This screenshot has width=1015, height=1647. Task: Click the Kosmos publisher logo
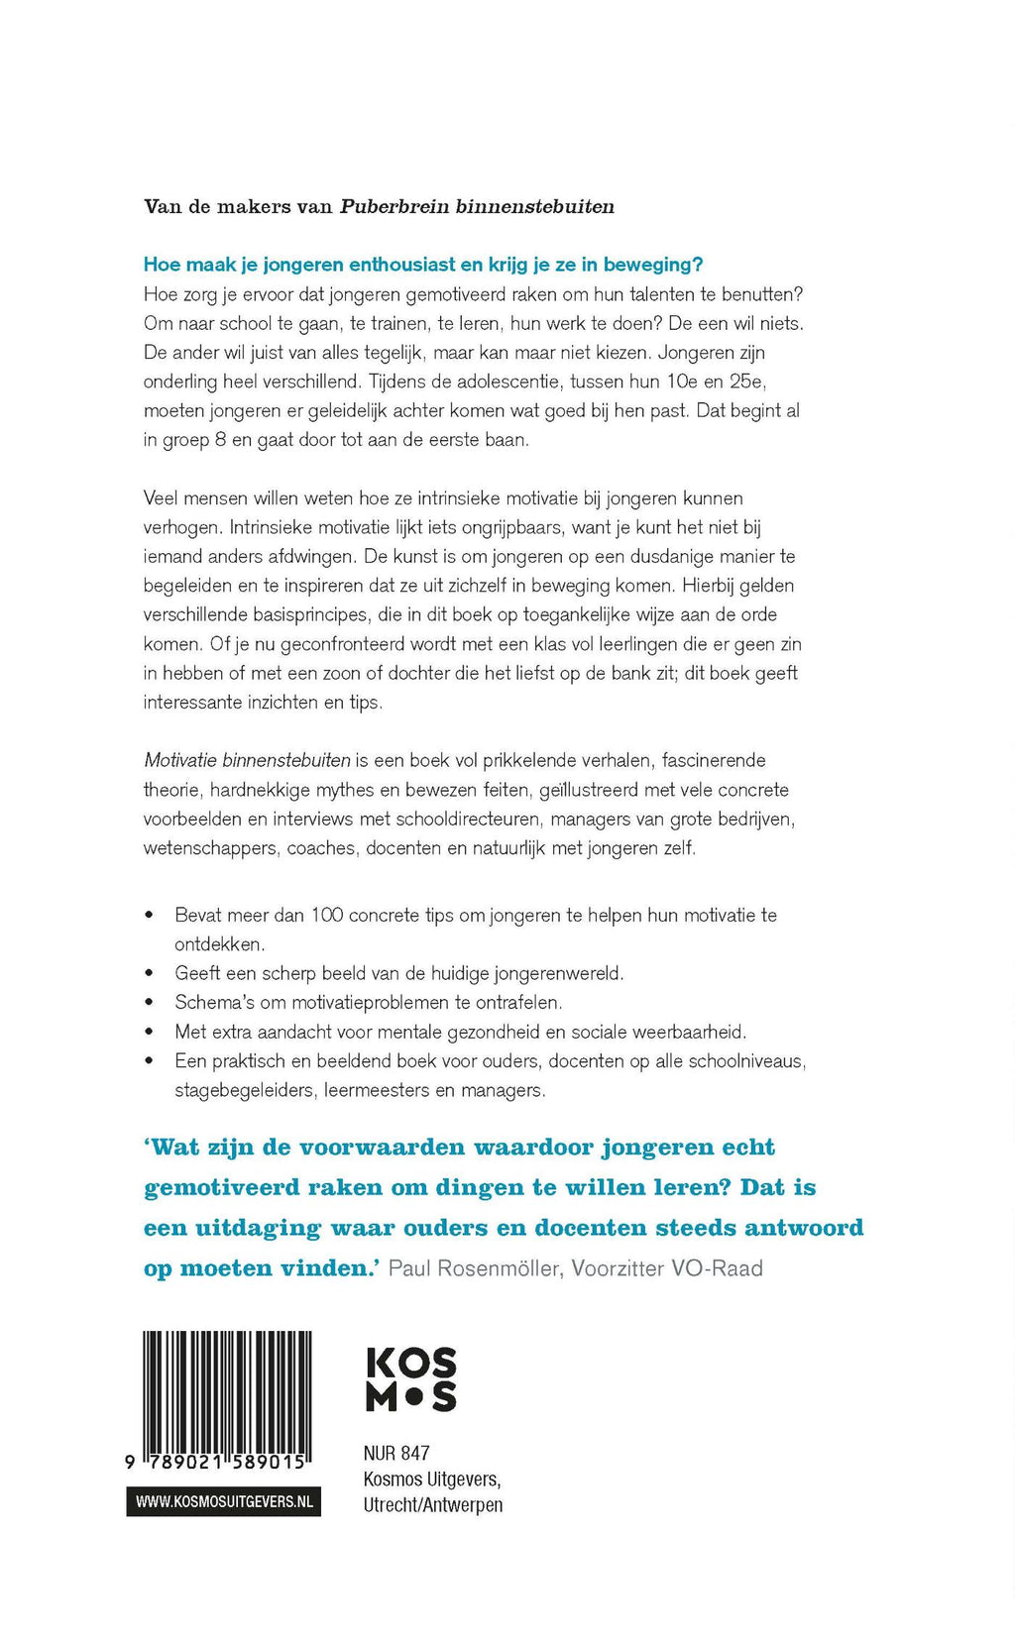pos(411,1378)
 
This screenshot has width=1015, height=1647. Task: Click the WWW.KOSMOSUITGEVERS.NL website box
pos(224,1502)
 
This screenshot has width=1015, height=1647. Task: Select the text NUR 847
pos(396,1454)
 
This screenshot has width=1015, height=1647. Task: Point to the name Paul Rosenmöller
pos(475,1268)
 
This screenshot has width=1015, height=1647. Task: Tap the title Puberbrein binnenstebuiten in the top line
pos(477,207)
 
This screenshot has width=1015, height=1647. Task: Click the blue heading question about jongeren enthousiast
pos(423,265)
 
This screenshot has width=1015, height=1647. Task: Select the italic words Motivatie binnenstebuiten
pos(248,761)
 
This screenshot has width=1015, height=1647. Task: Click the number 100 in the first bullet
pos(327,915)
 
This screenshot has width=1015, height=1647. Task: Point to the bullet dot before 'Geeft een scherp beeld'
pos(150,973)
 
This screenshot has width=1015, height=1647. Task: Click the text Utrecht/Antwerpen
pos(433,1505)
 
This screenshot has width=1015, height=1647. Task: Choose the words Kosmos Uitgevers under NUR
pos(432,1480)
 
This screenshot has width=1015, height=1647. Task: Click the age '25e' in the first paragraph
pos(746,382)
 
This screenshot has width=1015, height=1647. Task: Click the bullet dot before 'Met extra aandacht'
pos(150,1032)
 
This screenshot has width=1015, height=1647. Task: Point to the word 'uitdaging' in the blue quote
pos(258,1229)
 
